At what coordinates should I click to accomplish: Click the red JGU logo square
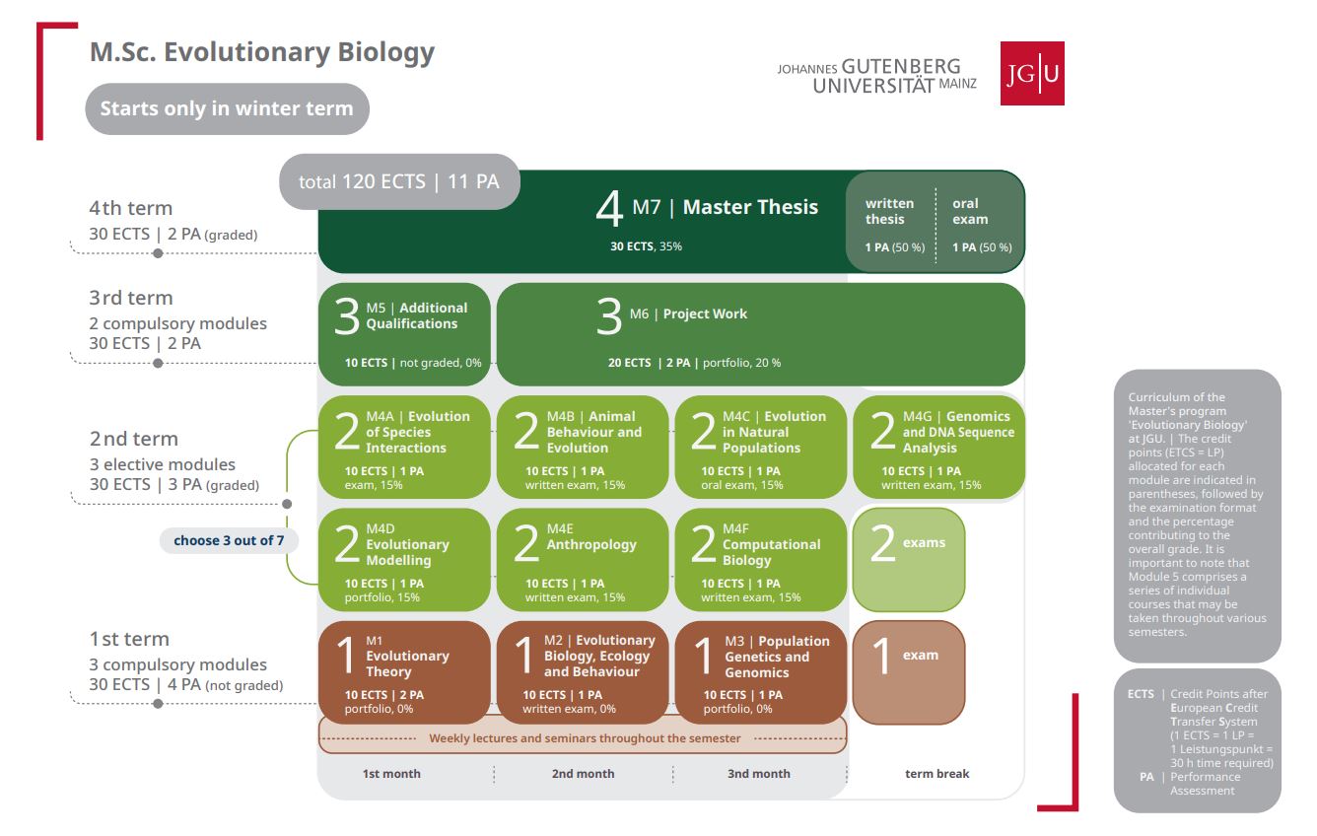(1032, 74)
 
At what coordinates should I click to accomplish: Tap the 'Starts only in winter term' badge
(227, 108)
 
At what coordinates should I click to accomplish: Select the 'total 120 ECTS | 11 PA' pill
(399, 181)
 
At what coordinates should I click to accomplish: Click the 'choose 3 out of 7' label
(229, 540)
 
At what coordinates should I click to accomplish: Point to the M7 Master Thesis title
(725, 207)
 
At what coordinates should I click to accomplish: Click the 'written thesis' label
(889, 211)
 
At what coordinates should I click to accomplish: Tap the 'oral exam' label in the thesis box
(970, 211)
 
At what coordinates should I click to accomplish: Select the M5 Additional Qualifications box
(404, 334)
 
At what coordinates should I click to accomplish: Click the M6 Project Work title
(688, 313)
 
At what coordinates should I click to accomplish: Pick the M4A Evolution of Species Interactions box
(404, 448)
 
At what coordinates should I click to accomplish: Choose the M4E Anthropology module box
(583, 560)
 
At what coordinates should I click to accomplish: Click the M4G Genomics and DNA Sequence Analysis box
(938, 448)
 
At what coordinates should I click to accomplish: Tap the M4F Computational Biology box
(761, 560)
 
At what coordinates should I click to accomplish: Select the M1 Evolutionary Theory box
(404, 672)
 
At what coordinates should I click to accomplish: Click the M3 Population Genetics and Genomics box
(761, 672)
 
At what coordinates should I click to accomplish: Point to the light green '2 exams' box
(909, 560)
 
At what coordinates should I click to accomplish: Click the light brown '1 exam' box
(909, 672)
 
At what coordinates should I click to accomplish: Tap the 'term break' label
(937, 774)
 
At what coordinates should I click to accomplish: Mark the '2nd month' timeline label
(583, 774)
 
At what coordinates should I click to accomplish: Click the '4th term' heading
(130, 208)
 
